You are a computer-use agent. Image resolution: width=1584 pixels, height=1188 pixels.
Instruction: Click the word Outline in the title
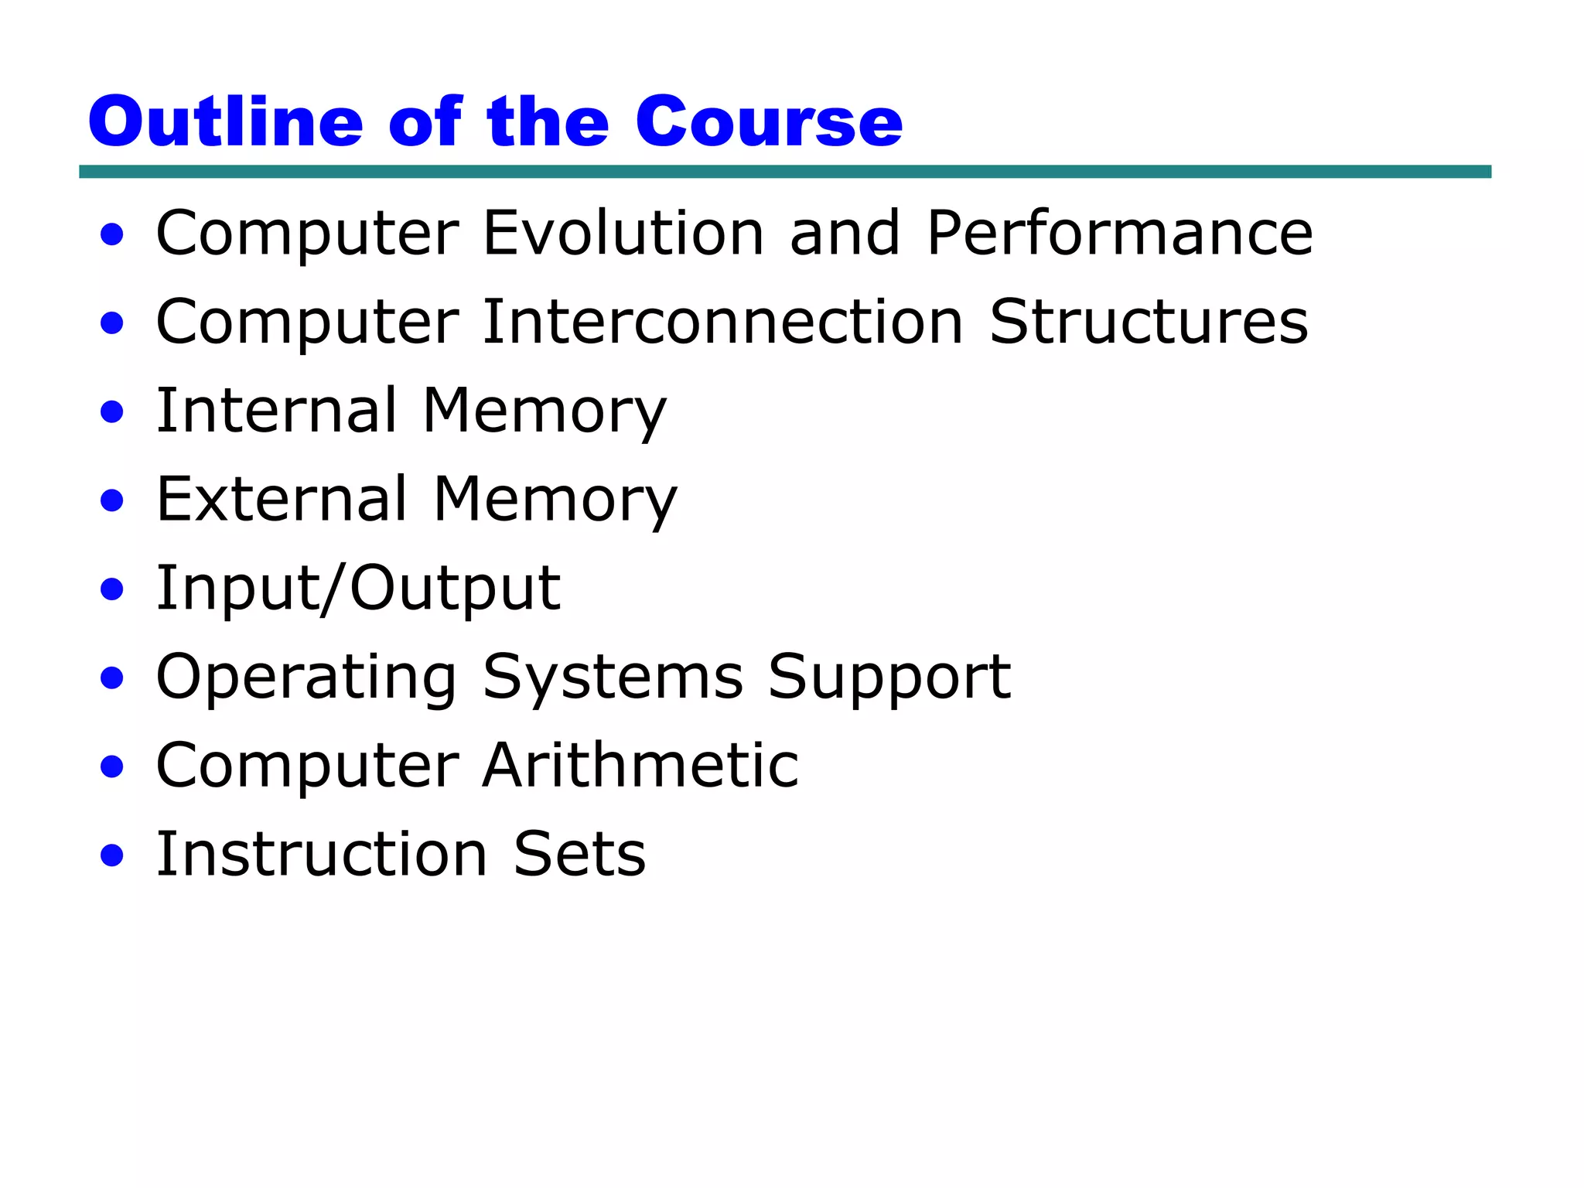225,121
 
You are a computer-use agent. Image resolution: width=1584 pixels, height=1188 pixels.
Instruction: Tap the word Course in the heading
769,121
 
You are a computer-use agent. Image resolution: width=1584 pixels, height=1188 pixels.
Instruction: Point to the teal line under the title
784,172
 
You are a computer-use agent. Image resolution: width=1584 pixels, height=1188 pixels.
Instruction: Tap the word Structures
1149,322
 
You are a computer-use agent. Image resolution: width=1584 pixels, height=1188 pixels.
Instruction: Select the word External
282,499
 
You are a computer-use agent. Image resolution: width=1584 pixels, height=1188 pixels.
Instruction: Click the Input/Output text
358,588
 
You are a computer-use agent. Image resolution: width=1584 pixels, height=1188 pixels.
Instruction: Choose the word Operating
306,678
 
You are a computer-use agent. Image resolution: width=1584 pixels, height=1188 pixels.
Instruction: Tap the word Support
889,678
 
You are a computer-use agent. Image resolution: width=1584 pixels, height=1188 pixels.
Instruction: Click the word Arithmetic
640,766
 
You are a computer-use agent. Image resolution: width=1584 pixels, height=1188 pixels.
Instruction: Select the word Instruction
322,854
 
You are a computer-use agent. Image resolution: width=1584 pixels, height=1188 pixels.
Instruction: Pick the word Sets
579,854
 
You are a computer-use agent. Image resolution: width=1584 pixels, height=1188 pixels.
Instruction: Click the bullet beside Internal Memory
112,411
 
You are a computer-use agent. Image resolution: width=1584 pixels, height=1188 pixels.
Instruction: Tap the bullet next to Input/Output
112,589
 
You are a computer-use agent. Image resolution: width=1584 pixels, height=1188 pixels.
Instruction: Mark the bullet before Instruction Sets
112,855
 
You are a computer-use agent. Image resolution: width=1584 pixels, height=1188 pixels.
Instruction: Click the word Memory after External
555,500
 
